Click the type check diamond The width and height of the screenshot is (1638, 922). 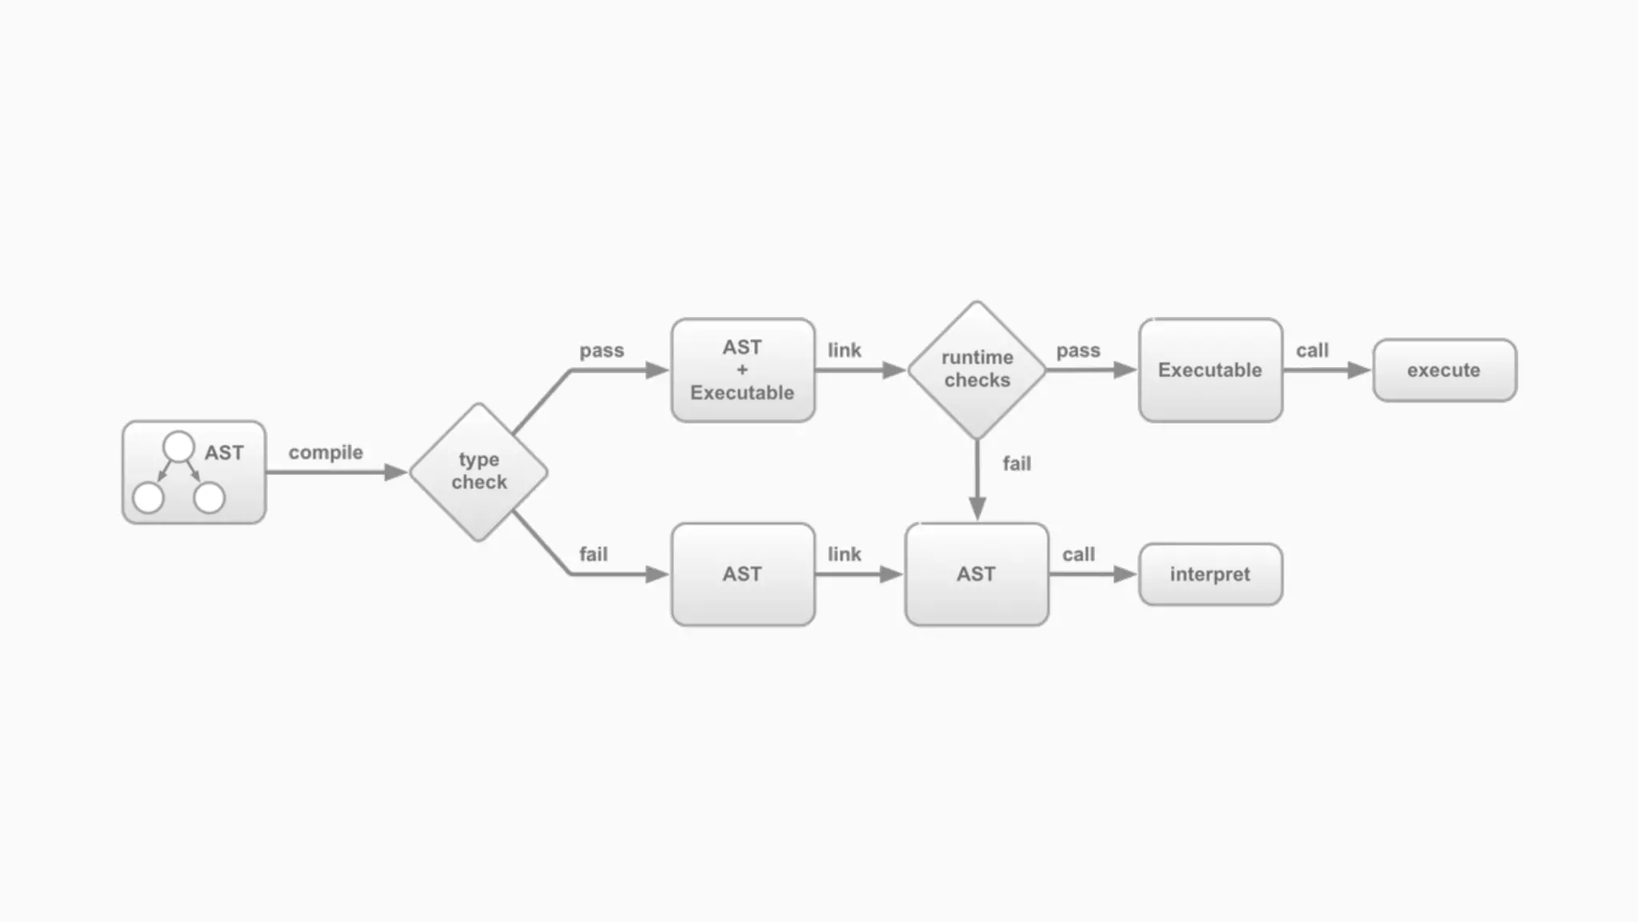point(478,471)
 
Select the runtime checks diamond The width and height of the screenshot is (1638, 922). point(977,369)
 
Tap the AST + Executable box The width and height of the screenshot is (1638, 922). point(742,370)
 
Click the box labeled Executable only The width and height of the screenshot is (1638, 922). point(1210,370)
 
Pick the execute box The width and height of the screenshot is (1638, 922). point(1444,370)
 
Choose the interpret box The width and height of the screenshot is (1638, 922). point(1210,574)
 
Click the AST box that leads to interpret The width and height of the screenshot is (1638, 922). point(976,574)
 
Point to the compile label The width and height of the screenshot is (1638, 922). point(326,452)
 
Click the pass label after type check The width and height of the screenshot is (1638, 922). point(601,351)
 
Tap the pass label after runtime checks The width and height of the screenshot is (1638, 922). point(1078,351)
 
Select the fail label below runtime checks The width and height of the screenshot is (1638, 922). point(1017,463)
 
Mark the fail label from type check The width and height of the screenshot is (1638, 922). point(593,554)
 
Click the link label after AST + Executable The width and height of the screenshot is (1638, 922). point(844,351)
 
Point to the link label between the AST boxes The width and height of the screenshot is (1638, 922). point(844,554)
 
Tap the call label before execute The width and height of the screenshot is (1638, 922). point(1312,351)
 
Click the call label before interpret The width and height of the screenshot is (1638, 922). point(1078,554)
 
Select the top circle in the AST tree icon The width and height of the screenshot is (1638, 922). point(178,447)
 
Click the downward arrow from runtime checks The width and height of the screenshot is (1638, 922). point(977,480)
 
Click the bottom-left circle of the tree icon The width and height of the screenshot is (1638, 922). point(148,498)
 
